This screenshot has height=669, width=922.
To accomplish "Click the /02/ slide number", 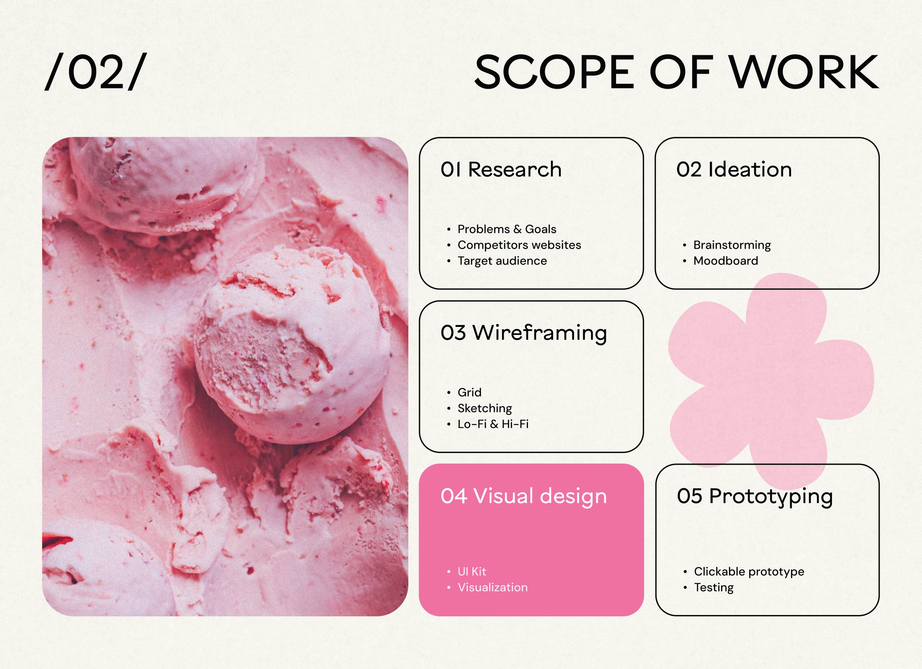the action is pyautogui.click(x=95, y=72).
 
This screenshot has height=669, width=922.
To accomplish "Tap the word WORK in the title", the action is pyautogui.click(x=804, y=72).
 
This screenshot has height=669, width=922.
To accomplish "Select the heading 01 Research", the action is pyautogui.click(x=501, y=169).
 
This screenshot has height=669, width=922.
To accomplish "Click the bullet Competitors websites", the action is pyautogui.click(x=519, y=245).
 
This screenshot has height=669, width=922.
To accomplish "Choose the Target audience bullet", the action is pyautogui.click(x=502, y=261).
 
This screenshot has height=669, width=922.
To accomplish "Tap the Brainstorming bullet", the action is pyautogui.click(x=732, y=245).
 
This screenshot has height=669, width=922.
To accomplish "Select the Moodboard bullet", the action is pyautogui.click(x=726, y=261).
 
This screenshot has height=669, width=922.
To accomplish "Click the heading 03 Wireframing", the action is pyautogui.click(x=524, y=333).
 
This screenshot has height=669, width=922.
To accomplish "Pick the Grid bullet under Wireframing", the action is pyautogui.click(x=470, y=392).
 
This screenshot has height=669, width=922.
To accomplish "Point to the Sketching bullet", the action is pyautogui.click(x=484, y=408).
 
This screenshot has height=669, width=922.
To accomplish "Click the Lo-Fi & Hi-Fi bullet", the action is pyautogui.click(x=493, y=424).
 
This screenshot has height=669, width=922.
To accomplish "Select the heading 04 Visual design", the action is pyautogui.click(x=524, y=496).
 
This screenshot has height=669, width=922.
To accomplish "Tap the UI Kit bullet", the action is pyautogui.click(x=471, y=571).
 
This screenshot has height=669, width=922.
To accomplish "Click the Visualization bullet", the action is pyautogui.click(x=493, y=587).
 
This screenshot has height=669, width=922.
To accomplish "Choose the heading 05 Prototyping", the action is pyautogui.click(x=755, y=496).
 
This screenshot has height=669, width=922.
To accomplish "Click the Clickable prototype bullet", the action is pyautogui.click(x=749, y=571).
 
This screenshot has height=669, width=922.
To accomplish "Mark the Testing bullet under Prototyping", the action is pyautogui.click(x=714, y=587).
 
